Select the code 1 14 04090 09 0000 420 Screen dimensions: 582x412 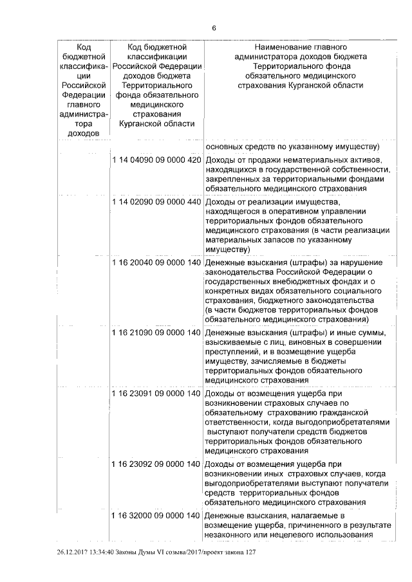pos(156,159)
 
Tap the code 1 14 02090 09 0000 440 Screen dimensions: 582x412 pos(156,202)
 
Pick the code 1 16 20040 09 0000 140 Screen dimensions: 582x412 pos(156,262)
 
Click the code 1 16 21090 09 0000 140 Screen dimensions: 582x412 pos(156,332)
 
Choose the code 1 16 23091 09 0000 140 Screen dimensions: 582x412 pos(156,393)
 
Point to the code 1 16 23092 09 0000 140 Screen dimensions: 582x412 pos(156,464)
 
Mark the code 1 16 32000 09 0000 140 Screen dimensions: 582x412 pos(156,516)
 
